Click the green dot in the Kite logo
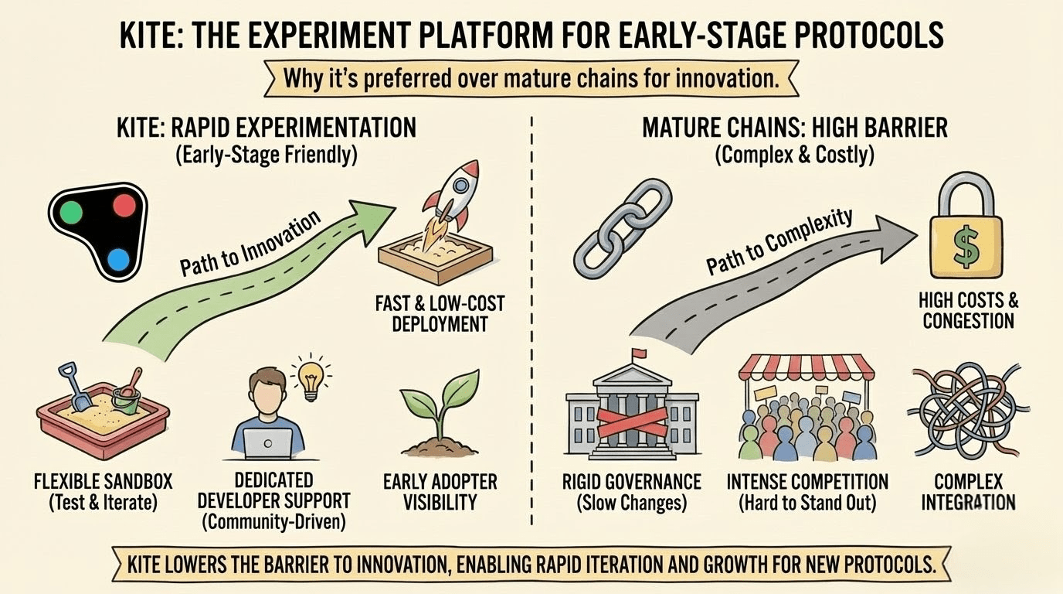click(72, 211)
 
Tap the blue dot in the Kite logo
click(118, 260)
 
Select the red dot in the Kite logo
click(124, 205)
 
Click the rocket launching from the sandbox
click(449, 200)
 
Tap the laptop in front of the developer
click(267, 443)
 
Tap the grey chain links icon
click(623, 228)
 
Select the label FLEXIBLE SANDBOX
click(103, 482)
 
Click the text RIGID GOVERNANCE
click(632, 482)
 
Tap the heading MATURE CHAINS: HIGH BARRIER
click(795, 128)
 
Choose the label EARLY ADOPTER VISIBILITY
click(440, 492)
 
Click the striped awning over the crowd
click(807, 367)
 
